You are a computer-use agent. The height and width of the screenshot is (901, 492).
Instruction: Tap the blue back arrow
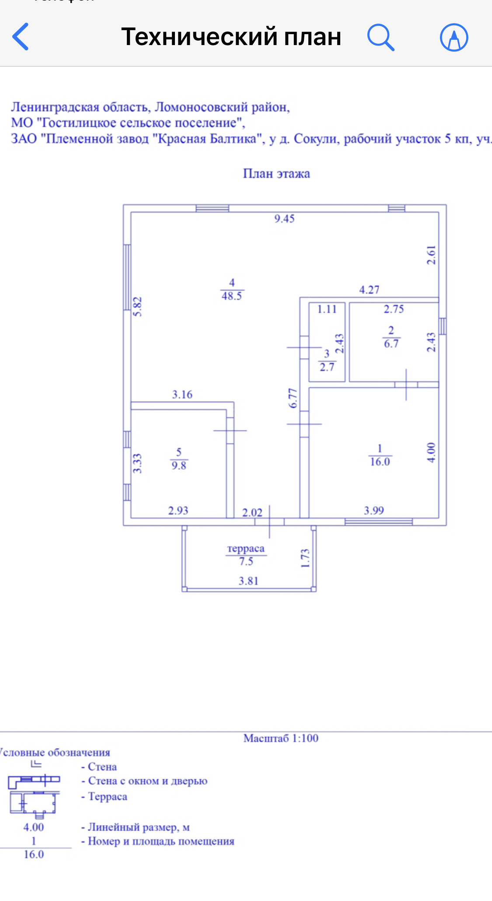21,37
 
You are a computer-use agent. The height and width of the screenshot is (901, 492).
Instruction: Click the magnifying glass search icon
380,37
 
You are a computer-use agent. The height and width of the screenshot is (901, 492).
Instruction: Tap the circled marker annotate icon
454,37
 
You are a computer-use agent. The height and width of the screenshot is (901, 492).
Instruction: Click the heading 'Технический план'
231,37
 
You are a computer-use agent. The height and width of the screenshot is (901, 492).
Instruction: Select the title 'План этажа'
276,174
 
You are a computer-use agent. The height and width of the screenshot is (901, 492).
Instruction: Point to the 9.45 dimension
284,218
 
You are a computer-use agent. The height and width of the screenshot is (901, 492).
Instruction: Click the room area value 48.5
232,296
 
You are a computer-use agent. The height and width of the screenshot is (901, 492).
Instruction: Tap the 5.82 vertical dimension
137,306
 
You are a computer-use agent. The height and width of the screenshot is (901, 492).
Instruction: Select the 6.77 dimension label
293,398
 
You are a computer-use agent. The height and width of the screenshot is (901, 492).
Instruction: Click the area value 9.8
179,466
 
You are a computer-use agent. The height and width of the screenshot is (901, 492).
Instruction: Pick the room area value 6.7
391,344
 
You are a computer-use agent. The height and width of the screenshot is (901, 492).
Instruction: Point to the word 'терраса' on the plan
246,549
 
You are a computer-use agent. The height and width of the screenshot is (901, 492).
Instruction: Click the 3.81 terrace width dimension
248,581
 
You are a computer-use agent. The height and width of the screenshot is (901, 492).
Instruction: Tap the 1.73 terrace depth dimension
305,558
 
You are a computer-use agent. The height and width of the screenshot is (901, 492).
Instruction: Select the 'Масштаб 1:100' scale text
281,739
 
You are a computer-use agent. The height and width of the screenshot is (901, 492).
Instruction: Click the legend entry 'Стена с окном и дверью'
147,781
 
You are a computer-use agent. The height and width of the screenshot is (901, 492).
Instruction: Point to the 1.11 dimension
327,309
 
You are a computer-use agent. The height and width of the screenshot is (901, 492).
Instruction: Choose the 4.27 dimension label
369,290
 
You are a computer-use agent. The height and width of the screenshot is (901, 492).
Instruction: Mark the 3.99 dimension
374,511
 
